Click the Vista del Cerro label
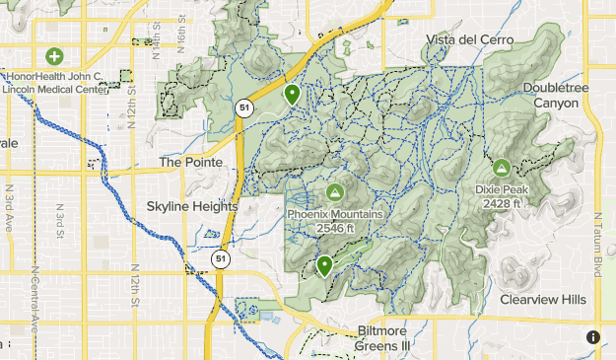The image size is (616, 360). point(462,38)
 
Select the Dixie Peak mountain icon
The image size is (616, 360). point(501,169)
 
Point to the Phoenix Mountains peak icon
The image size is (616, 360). point(334,191)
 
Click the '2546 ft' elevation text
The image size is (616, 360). point(335,229)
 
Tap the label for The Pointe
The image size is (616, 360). point(191,162)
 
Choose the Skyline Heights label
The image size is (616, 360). point(192,207)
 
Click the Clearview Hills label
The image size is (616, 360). point(542,299)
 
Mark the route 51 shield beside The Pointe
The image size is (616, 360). point(242,108)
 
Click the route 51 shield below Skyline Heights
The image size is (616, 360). point(219,259)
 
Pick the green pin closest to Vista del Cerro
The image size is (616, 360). point(292,95)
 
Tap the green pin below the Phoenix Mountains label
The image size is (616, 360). point(324,264)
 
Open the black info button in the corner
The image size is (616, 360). point(593,337)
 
